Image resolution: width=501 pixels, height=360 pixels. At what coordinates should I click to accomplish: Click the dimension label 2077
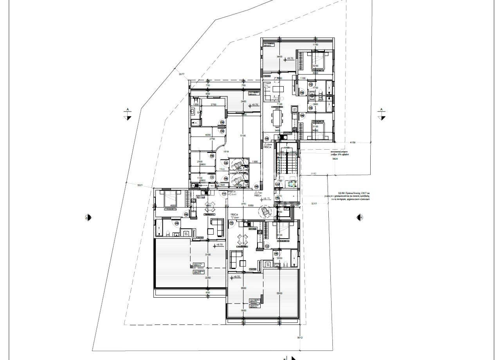pos(181,74)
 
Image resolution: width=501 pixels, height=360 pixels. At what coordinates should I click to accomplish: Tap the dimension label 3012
pos(300,338)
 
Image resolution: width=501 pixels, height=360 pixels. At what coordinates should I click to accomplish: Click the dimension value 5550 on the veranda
pos(279,293)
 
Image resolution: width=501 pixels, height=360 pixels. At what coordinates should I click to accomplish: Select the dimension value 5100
pos(243,136)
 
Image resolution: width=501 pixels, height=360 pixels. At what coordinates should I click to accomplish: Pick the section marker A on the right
pos(381,114)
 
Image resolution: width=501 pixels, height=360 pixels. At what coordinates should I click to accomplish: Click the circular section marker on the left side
pos(88,217)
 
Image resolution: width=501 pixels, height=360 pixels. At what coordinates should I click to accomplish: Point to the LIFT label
pos(286,210)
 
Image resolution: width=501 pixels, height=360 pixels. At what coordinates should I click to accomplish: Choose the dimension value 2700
pos(214,105)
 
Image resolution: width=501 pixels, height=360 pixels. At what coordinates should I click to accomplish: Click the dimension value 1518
pos(226,152)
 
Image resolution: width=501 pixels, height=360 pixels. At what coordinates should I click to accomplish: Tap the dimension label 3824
pos(335,159)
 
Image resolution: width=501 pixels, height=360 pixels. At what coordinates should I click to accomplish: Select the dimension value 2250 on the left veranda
pos(208,278)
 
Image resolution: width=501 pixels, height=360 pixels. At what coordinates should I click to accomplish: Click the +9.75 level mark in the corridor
pos(267,198)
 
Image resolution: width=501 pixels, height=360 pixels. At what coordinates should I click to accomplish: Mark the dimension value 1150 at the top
pos(315,45)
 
